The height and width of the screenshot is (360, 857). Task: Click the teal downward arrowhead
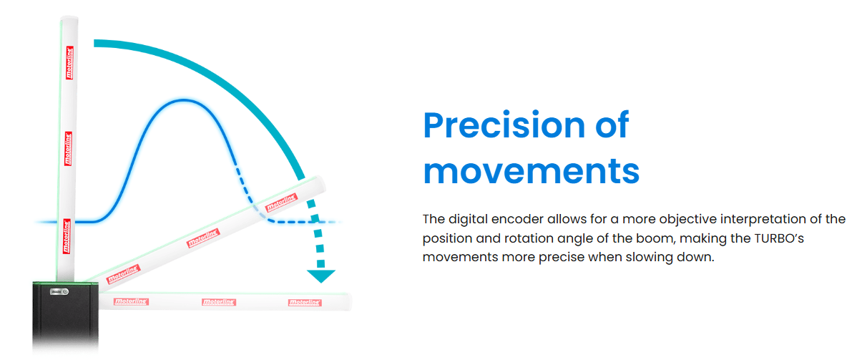[x=320, y=276]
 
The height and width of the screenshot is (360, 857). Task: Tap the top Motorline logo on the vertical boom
[x=69, y=63]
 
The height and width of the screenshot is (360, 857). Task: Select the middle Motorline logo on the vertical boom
[x=69, y=147]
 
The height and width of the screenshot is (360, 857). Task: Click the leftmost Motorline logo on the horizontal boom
[x=131, y=301]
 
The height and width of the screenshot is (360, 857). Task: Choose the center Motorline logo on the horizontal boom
[x=219, y=302]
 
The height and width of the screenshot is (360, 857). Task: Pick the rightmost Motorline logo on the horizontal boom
[x=305, y=302]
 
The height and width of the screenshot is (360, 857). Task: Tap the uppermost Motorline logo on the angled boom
[x=281, y=203]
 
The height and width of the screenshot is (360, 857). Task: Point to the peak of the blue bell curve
[x=185, y=99]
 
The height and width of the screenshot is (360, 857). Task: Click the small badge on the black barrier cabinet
[x=57, y=291]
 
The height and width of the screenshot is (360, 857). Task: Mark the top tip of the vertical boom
[x=69, y=18]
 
